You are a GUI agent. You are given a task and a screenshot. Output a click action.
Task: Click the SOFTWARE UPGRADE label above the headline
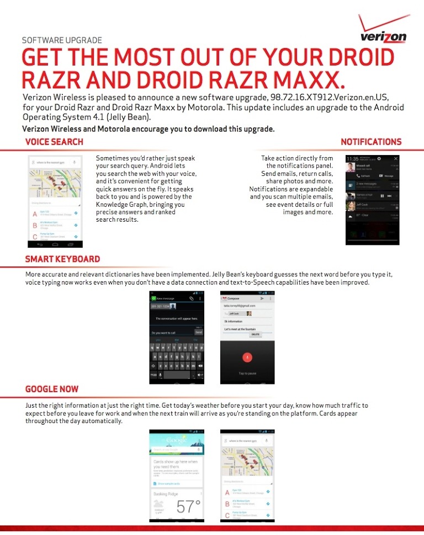pyautogui.click(x=62, y=40)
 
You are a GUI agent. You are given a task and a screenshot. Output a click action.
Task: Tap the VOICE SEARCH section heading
pyautogui.click(x=54, y=142)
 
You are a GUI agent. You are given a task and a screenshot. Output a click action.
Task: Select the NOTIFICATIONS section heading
pyautogui.click(x=371, y=142)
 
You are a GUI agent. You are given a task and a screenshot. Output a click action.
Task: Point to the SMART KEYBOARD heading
pyautogui.click(x=62, y=259)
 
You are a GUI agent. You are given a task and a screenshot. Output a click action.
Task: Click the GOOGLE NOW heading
pyautogui.click(x=52, y=389)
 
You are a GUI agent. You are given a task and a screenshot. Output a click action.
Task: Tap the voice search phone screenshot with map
pyautogui.click(x=55, y=201)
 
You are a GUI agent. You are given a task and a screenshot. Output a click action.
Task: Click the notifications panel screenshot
pyautogui.click(x=372, y=200)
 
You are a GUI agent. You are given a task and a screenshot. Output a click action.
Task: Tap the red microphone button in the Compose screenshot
pyautogui.click(x=247, y=356)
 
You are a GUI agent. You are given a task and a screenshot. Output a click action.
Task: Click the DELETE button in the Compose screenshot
pyautogui.click(x=255, y=334)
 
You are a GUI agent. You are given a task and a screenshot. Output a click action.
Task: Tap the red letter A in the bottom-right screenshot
pyautogui.click(x=227, y=493)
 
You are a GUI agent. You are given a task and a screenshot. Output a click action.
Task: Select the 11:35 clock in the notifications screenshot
pyautogui.click(x=352, y=159)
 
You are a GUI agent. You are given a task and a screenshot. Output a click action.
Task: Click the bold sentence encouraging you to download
pyautogui.click(x=148, y=129)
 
